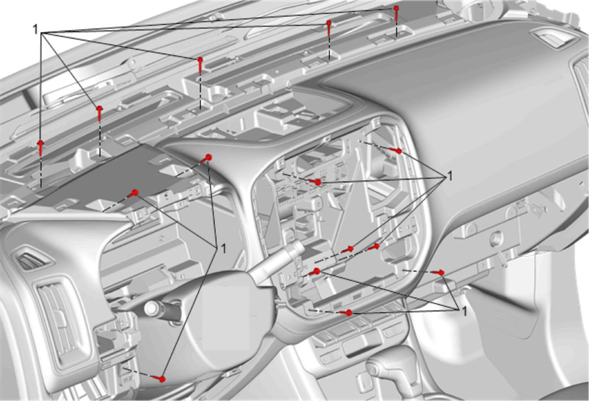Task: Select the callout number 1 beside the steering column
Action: pos(223,248)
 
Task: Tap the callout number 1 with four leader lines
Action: pos(450,176)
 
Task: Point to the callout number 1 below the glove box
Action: pos(464,312)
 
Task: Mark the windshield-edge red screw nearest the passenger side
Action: pos(396,13)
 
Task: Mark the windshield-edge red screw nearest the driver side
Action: pos(40,148)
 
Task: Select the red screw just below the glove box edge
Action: pos(439,273)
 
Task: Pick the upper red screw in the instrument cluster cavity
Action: pos(206,158)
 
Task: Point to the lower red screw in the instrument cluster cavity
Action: pos(133,194)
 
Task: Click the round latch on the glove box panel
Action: pos(496,239)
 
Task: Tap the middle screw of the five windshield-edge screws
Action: pos(200,65)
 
